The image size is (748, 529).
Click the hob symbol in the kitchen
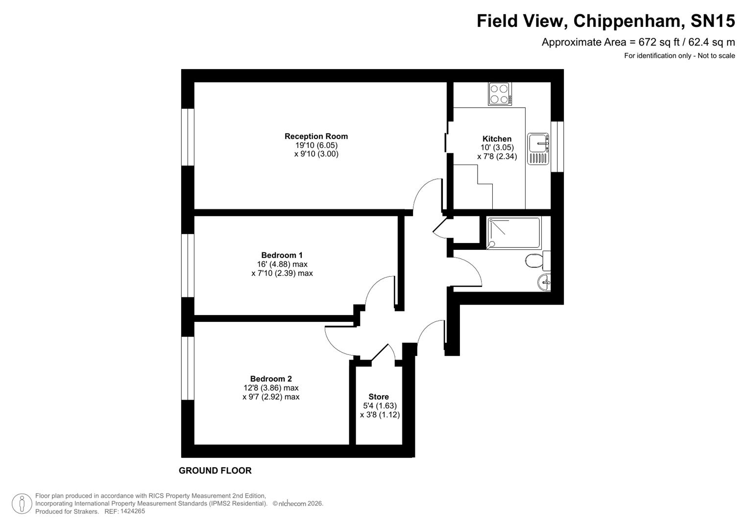[x=500, y=94]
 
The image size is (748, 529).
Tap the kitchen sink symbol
[x=538, y=149]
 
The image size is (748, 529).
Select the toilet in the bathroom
[x=537, y=261]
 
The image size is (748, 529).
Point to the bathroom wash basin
[x=544, y=282]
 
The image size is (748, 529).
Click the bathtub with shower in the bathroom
[x=514, y=233]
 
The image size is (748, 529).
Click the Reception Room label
[x=316, y=136]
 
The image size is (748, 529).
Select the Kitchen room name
[x=497, y=139]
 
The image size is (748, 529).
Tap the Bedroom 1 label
[x=282, y=255]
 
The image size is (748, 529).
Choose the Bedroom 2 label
[x=271, y=379]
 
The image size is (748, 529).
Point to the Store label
[x=379, y=397]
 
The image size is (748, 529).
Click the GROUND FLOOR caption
[x=215, y=471]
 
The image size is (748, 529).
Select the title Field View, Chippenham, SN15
[x=605, y=21]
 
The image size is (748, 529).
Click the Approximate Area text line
[x=638, y=42]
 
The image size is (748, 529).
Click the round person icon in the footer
[x=22, y=504]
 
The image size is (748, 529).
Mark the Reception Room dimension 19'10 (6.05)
[x=316, y=145]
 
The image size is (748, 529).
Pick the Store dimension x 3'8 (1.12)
[x=380, y=415]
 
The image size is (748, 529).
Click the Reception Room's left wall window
[x=188, y=137]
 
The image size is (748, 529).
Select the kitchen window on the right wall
[x=557, y=146]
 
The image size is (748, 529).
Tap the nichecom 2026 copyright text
[x=298, y=504]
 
